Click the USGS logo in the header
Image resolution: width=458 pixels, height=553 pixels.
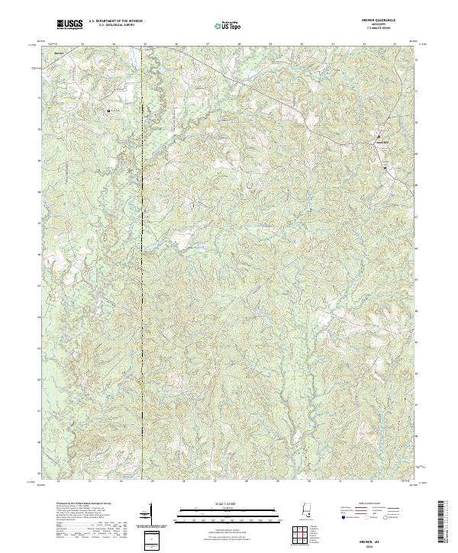point(69,25)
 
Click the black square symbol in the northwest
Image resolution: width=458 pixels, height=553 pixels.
point(109,111)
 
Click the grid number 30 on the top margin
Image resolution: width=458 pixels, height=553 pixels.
point(302,44)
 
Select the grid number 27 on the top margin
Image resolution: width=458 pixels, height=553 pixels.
point(208,44)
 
